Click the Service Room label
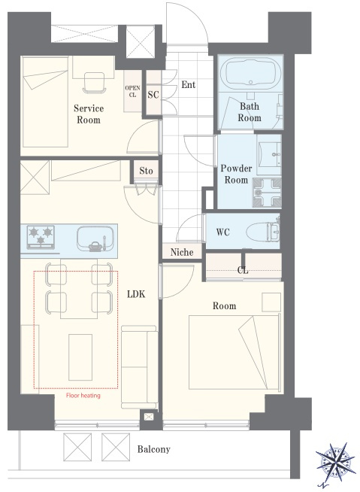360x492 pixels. (89, 114)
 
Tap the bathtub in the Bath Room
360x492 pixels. (250, 72)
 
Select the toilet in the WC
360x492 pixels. (263, 232)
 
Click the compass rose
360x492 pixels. (335, 462)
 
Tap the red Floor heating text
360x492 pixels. (83, 396)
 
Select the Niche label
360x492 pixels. (182, 252)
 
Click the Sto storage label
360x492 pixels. (146, 171)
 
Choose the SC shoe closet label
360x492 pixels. (153, 95)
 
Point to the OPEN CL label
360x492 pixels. (132, 91)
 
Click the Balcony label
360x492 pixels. (153, 449)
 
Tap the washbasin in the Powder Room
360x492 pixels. (269, 154)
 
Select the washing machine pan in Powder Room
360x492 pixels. (267, 193)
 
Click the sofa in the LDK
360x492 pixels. (140, 367)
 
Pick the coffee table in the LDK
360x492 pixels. (80, 357)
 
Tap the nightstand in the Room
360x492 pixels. (271, 302)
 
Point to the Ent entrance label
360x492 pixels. (189, 85)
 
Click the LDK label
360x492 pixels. (137, 294)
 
